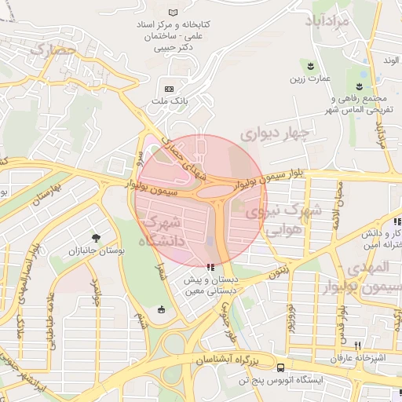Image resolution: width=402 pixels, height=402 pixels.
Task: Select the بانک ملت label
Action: click(169, 101)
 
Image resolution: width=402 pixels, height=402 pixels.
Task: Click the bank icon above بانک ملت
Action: click(169, 88)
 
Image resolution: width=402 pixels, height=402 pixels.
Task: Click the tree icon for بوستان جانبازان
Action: click(96, 237)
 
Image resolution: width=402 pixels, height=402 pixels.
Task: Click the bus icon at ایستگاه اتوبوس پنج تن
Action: click(280, 367)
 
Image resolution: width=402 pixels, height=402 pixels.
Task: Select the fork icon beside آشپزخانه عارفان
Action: click(357, 345)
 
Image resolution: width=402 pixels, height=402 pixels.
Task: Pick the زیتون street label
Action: click(277, 272)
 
